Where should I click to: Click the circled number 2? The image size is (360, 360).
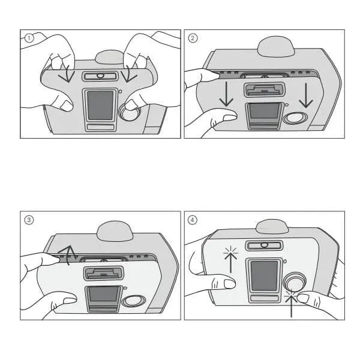click(x=193, y=38)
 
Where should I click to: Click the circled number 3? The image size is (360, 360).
click(x=28, y=220)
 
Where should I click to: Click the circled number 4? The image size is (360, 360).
click(x=193, y=220)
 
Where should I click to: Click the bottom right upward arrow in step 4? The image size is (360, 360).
click(x=292, y=303)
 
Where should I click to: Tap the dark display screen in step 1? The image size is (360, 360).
click(x=100, y=105)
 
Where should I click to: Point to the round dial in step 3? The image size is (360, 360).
click(x=133, y=301)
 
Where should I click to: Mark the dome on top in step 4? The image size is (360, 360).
click(x=274, y=227)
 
